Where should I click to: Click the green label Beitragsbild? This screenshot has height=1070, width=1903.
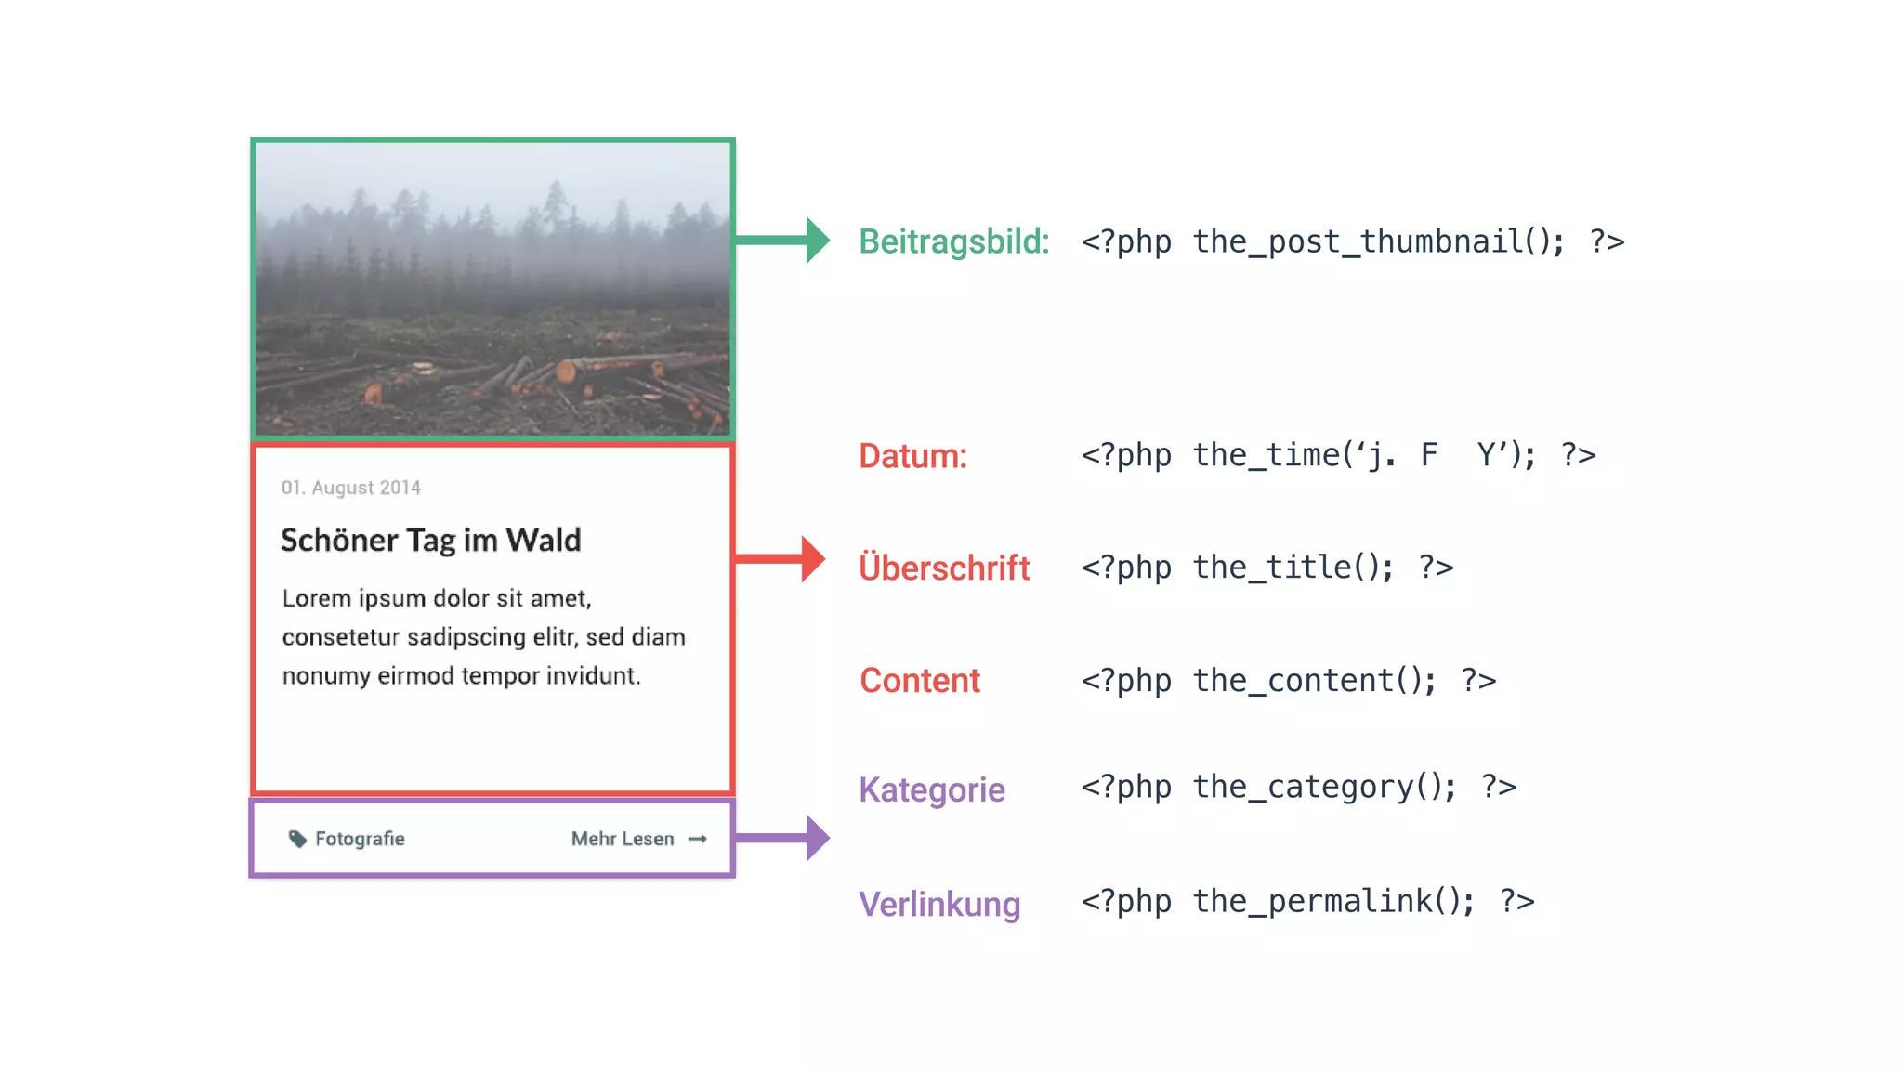pyautogui.click(x=953, y=241)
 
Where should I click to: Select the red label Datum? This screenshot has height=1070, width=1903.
pyautogui.click(x=912, y=456)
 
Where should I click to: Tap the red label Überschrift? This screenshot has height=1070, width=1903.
pyautogui.click(x=944, y=568)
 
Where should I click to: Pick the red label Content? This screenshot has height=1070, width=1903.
pyautogui.click(x=920, y=681)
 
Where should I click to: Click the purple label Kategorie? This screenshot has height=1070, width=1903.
pyautogui.click(x=932, y=789)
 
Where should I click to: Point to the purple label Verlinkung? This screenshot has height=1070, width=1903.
pyautogui.click(x=939, y=904)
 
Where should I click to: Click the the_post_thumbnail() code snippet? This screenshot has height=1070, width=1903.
pyautogui.click(x=1352, y=241)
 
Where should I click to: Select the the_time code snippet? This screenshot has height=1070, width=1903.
pyautogui.click(x=1338, y=455)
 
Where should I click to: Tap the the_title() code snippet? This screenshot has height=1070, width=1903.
pyautogui.click(x=1267, y=568)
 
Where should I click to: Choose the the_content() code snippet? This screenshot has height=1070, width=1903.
pyautogui.click(x=1289, y=681)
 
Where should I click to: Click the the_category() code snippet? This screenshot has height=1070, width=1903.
pyautogui.click(x=1298, y=788)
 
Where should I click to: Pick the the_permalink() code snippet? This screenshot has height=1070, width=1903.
pyautogui.click(x=1307, y=901)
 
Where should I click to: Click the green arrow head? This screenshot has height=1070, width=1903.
pyautogui.click(x=817, y=241)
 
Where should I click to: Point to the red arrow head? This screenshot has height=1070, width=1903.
pyautogui.click(x=813, y=559)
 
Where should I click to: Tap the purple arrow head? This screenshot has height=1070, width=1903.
pyautogui.click(x=817, y=838)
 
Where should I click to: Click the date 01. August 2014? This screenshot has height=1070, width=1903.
pyautogui.click(x=351, y=488)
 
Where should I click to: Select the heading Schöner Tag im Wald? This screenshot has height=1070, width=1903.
pyautogui.click(x=431, y=541)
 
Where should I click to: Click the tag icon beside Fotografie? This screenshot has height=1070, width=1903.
pyautogui.click(x=297, y=839)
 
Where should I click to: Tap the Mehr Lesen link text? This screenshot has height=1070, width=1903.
pyautogui.click(x=623, y=839)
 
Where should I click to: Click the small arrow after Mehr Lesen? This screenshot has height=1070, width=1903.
pyautogui.click(x=698, y=839)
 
